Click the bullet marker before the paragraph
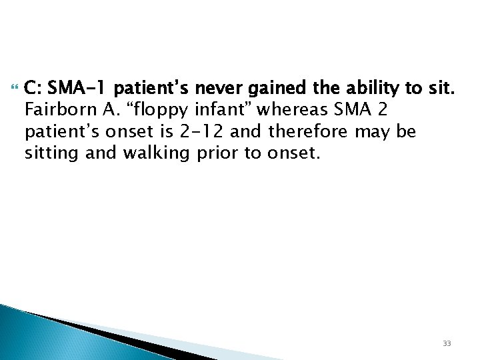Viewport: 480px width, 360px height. (x=15, y=85)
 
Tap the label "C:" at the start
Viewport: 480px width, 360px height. (x=33, y=87)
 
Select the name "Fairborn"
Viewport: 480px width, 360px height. (x=53, y=109)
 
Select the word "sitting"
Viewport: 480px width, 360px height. (x=47, y=155)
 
